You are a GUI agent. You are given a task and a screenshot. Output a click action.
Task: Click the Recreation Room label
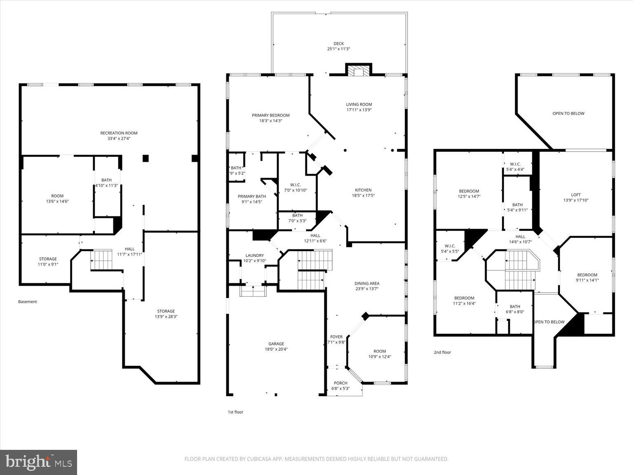click(119, 133)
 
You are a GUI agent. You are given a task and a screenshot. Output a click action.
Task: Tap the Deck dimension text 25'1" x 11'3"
click(338, 49)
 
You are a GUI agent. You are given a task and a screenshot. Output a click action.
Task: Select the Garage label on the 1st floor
click(276, 344)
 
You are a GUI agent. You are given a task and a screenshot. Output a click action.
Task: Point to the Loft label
click(576, 195)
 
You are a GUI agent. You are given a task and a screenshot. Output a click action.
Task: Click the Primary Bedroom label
click(271, 115)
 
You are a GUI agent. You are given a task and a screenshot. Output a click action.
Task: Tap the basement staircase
click(101, 260)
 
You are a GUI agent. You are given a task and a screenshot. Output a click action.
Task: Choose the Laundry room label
click(254, 256)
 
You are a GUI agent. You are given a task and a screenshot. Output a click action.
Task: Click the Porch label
click(340, 383)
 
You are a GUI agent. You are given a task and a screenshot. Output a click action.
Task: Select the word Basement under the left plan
click(28, 302)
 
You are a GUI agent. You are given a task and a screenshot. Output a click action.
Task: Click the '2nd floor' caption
click(442, 353)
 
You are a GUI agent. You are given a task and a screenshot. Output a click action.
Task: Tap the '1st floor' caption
click(235, 412)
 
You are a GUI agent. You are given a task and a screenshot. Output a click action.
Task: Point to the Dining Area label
click(367, 284)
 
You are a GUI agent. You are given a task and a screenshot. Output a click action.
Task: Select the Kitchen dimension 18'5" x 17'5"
click(363, 196)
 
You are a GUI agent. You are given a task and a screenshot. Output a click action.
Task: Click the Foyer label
click(336, 337)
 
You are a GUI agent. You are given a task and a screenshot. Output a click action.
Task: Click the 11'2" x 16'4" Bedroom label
click(464, 298)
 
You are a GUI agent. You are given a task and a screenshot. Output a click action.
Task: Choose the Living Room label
click(359, 105)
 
